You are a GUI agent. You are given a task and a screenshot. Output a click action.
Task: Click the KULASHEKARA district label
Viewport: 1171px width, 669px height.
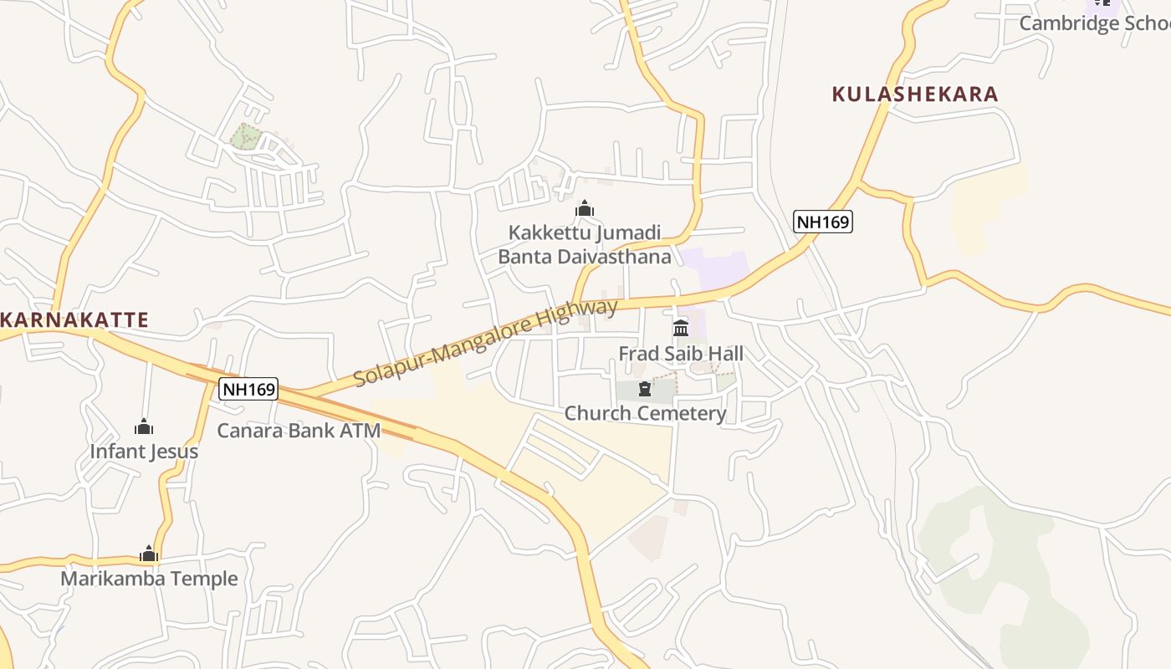pyautogui.click(x=915, y=94)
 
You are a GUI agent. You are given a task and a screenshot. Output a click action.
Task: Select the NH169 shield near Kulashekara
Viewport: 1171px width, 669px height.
pyautogui.click(x=823, y=222)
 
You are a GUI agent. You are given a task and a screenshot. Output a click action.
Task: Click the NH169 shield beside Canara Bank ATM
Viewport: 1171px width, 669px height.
pyautogui.click(x=248, y=389)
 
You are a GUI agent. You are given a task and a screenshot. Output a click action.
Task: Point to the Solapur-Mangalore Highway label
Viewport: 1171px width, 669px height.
pyautogui.click(x=485, y=342)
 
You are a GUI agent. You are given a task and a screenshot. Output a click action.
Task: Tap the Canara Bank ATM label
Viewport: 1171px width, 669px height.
pyautogui.click(x=299, y=431)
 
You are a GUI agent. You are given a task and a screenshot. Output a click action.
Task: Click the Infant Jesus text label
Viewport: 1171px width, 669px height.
pyautogui.click(x=144, y=452)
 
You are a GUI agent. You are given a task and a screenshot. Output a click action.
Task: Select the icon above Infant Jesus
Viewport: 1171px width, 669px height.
pyautogui.click(x=144, y=427)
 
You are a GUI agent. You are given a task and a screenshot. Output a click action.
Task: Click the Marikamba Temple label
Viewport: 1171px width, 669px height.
pyautogui.click(x=149, y=579)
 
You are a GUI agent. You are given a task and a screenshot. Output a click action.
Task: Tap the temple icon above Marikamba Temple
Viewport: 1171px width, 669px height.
pyautogui.click(x=149, y=554)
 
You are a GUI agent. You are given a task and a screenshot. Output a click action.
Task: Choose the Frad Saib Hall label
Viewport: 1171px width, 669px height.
pyautogui.click(x=681, y=354)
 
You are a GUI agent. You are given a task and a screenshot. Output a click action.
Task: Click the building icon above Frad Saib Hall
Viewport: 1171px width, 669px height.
pyautogui.click(x=681, y=328)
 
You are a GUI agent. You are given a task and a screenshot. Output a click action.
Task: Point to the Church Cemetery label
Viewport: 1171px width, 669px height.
pyautogui.click(x=645, y=413)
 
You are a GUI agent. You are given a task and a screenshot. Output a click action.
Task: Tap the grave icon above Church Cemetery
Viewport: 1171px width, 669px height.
pyautogui.click(x=645, y=389)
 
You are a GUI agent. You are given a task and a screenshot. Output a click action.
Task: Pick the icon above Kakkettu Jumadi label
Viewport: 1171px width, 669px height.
pyautogui.click(x=585, y=208)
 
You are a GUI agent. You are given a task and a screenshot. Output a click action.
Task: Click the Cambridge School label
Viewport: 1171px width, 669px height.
pyautogui.click(x=1094, y=23)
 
